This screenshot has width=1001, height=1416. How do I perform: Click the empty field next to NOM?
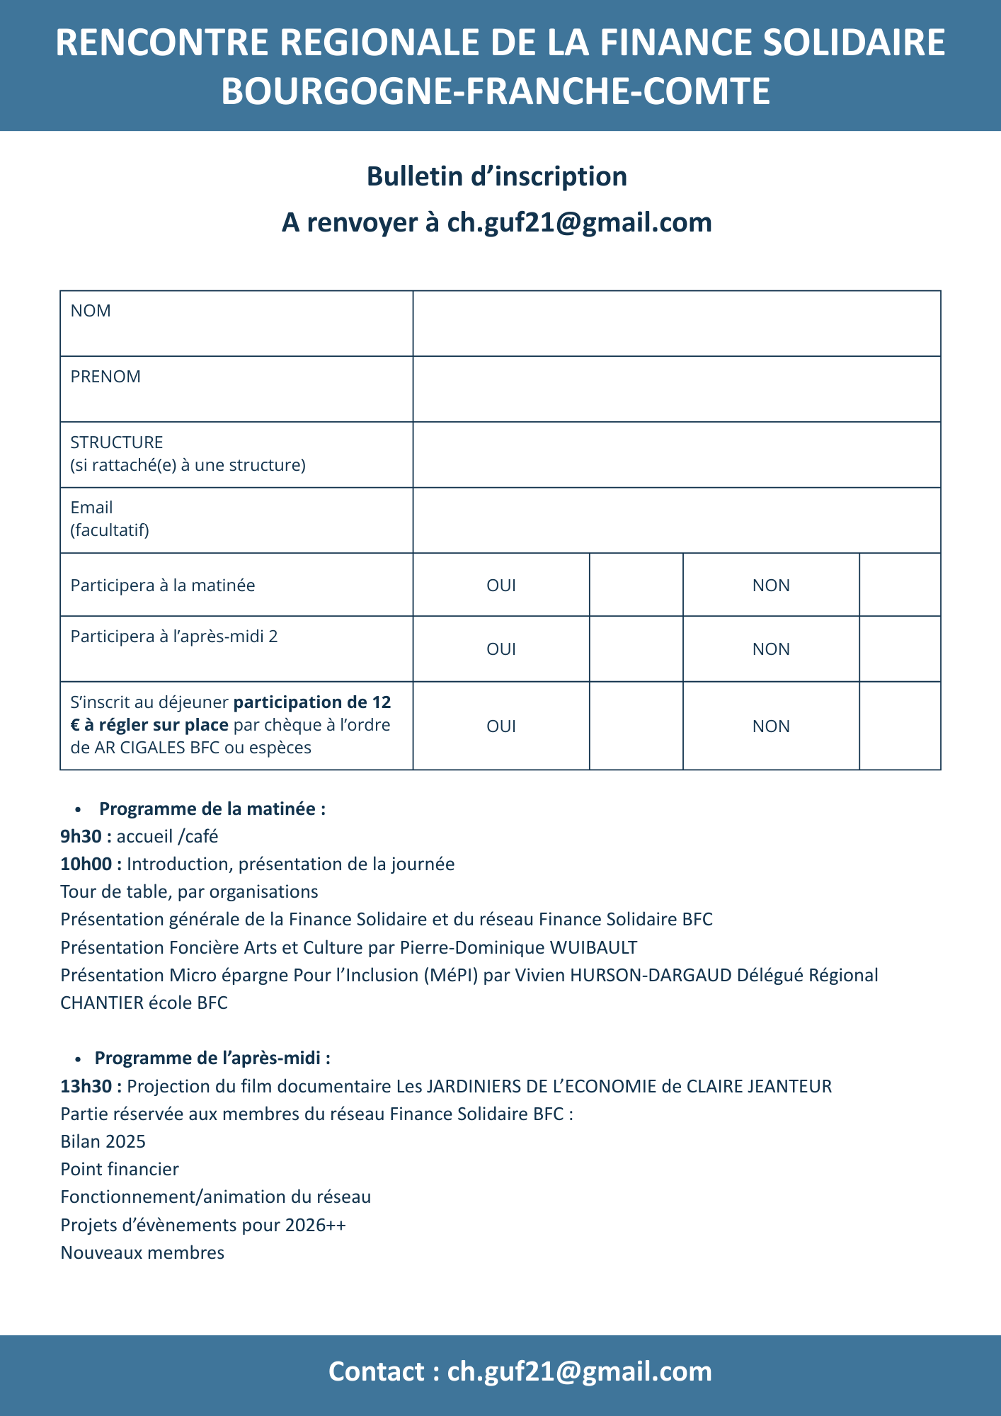(x=677, y=324)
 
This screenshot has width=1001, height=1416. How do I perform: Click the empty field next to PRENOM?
(x=677, y=389)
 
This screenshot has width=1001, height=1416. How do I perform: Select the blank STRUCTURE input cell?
(x=677, y=455)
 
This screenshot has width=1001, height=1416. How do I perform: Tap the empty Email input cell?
(x=677, y=520)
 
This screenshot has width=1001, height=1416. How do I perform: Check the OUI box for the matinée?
(x=636, y=585)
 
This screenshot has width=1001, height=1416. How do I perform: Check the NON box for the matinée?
(x=900, y=585)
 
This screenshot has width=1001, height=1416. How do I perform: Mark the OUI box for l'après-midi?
(x=636, y=649)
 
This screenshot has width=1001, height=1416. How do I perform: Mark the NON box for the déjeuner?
(x=900, y=726)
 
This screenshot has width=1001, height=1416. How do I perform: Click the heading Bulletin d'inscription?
(x=497, y=176)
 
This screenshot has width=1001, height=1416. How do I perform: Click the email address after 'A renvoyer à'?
(x=579, y=222)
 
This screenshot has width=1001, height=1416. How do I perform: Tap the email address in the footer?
(x=579, y=1371)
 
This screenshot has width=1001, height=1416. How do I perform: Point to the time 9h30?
(x=81, y=836)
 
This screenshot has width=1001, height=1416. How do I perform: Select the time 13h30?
(x=86, y=1086)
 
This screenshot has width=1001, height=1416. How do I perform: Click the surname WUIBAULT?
(x=593, y=947)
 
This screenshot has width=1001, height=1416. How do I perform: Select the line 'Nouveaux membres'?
(x=142, y=1252)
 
